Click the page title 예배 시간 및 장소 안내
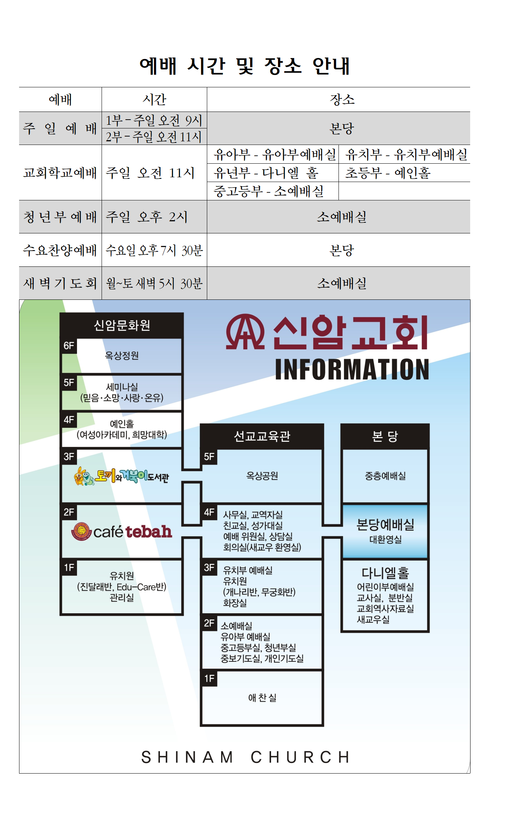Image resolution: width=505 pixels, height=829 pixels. click(x=245, y=66)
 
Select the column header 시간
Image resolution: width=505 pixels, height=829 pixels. click(x=154, y=99)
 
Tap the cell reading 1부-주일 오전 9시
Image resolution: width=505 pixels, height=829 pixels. click(x=154, y=120)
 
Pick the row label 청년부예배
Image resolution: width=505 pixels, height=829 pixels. click(x=60, y=217)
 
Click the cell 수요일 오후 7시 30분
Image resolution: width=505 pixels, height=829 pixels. click(x=154, y=250)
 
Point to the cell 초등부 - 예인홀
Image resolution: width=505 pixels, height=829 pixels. click(x=388, y=173)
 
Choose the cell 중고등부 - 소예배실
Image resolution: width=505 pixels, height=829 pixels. click(x=269, y=191)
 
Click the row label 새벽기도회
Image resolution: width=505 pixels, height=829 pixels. click(x=60, y=283)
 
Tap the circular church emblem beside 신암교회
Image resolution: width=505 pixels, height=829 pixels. click(x=245, y=332)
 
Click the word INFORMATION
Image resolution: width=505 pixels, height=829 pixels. click(x=352, y=370)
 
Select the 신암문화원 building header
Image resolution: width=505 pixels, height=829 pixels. click(x=122, y=325)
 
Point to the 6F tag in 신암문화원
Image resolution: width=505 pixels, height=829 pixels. click(x=69, y=346)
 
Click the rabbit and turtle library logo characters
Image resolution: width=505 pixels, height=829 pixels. click(x=84, y=476)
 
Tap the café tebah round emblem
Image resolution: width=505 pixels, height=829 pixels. click(x=81, y=531)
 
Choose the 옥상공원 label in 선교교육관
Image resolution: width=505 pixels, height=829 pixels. click(x=262, y=476)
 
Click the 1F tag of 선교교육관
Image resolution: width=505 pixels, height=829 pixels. click(x=209, y=679)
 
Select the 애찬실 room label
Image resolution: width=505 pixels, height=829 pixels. click(x=262, y=698)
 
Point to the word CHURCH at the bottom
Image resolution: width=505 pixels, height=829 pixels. click(x=300, y=757)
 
